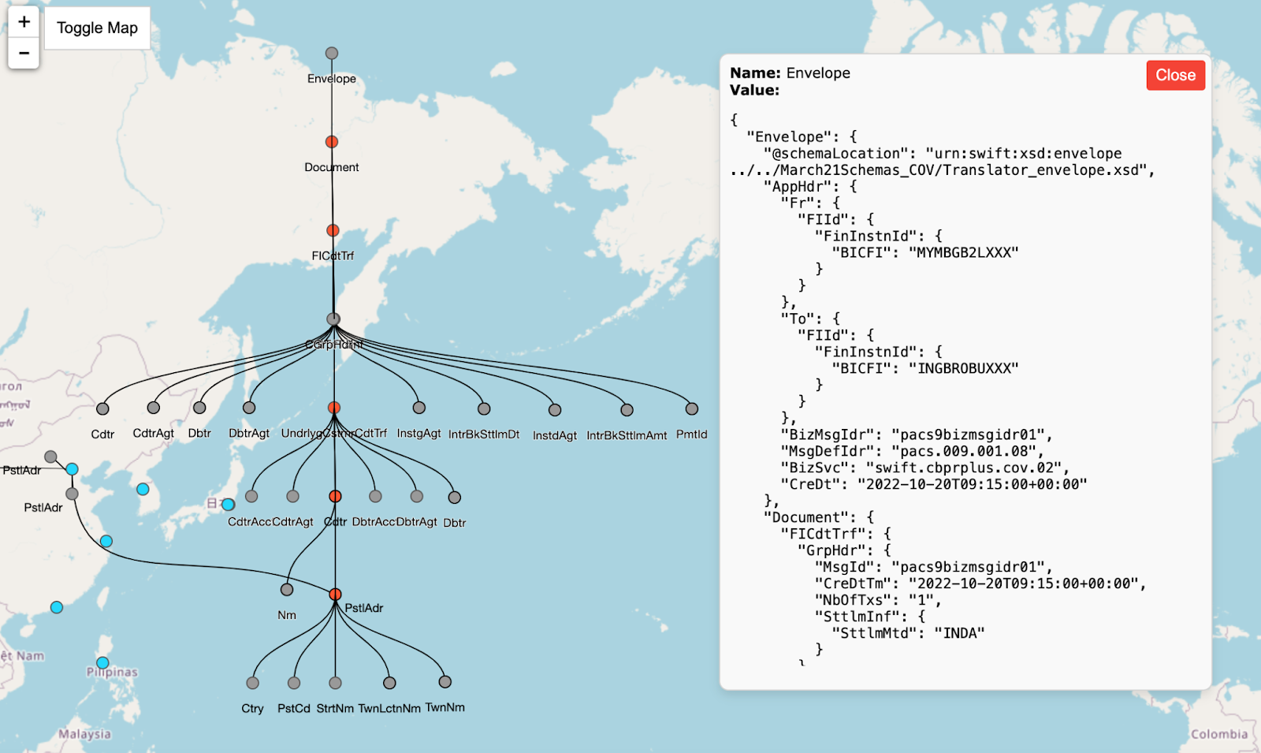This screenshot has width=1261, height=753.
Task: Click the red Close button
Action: (1175, 75)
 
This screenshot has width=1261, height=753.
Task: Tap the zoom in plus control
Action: (24, 22)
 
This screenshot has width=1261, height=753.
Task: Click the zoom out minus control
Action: (24, 53)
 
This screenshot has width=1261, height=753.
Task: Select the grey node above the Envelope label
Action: (332, 54)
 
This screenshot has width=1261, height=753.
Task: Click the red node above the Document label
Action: (332, 142)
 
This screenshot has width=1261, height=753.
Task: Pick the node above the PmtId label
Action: (692, 408)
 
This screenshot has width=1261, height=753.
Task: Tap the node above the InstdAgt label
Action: (555, 410)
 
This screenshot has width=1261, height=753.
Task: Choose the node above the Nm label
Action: (287, 590)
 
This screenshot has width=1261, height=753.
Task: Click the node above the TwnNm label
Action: (445, 682)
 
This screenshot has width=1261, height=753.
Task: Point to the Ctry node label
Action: (252, 708)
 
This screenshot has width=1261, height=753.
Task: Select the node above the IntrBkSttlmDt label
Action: (484, 408)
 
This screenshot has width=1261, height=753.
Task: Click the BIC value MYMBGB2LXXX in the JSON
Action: (963, 252)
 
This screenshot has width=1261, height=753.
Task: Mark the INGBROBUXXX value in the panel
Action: (963, 368)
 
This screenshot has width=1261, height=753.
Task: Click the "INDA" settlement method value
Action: (959, 633)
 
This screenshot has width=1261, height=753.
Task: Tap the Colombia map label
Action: (1219, 734)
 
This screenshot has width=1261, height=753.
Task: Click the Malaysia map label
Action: (84, 734)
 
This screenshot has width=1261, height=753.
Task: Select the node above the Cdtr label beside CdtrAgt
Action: (102, 408)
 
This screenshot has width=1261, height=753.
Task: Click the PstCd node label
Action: (294, 708)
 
